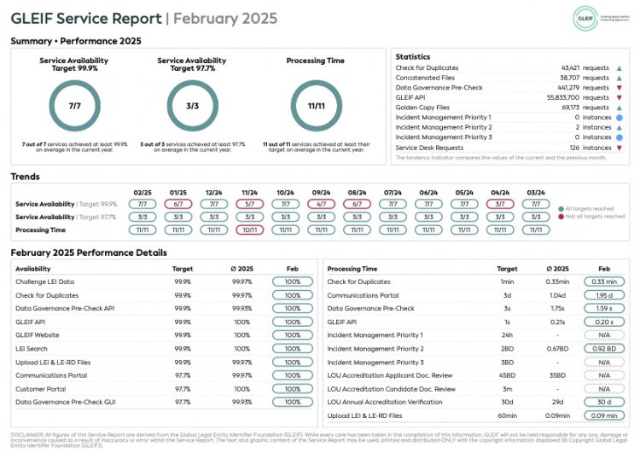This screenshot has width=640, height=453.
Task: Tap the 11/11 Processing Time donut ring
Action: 317,105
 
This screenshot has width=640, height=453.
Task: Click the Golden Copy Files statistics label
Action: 422,107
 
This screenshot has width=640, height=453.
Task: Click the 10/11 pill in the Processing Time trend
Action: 250,229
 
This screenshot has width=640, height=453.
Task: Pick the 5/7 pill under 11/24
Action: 250,204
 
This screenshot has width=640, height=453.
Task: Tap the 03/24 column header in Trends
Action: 536,192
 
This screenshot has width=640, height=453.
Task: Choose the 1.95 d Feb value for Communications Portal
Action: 603,294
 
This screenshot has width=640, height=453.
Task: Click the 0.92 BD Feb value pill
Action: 603,348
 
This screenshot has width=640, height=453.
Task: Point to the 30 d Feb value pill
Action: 603,402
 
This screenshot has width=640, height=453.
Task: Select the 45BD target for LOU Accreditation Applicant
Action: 507,375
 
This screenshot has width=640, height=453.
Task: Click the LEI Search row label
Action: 31,348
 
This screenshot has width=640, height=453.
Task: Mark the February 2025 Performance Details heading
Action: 89,253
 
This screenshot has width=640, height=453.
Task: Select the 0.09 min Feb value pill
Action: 603,415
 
